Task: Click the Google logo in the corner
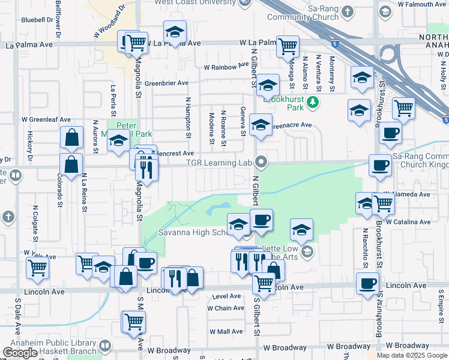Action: [20, 353]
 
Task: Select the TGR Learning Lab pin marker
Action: [261, 162]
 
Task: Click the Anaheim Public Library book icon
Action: [105, 346]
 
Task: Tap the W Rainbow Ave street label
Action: [226, 67]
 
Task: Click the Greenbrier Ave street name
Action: [166, 83]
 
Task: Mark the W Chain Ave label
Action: [226, 308]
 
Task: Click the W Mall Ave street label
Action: [225, 331]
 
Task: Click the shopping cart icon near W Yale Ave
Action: [37, 268]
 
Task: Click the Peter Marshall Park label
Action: [134, 130]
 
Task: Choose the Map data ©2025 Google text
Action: [411, 355]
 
